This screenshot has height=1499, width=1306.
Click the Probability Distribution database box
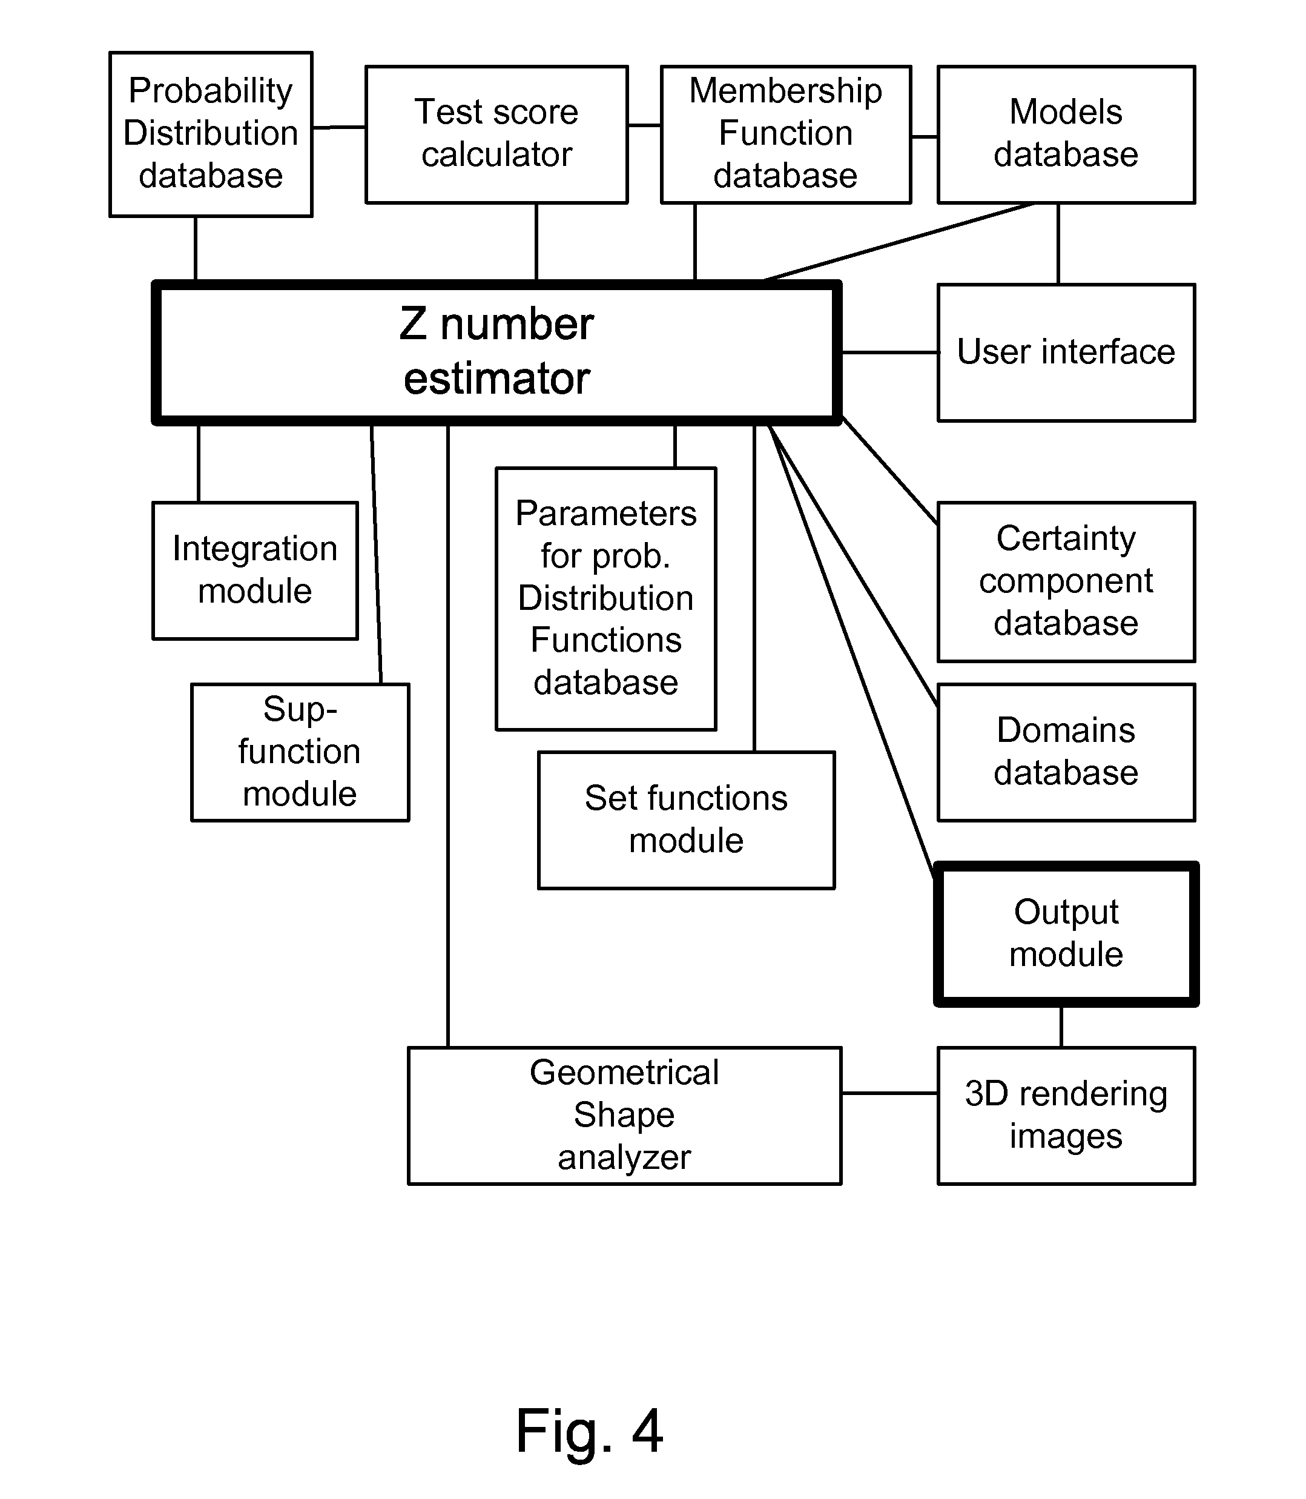(211, 134)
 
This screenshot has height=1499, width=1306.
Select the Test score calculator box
(496, 134)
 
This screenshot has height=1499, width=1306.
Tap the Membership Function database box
(786, 134)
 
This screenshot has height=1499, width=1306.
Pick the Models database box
(1066, 134)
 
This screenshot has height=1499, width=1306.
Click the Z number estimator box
(496, 352)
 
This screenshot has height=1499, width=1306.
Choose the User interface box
(1066, 352)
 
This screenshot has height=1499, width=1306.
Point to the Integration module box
(255, 570)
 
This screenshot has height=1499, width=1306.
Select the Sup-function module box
(300, 752)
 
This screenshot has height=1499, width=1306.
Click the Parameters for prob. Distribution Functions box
(605, 598)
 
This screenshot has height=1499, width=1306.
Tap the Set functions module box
(686, 819)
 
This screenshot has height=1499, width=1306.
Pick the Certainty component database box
(1066, 581)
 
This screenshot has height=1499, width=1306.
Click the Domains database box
(1066, 752)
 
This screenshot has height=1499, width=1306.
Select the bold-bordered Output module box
(1066, 933)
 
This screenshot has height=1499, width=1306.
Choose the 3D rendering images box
(1066, 1116)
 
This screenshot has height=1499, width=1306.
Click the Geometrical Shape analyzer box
(625, 1116)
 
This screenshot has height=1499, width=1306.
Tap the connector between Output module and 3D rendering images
(1061, 1027)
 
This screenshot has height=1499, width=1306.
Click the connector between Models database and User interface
(1058, 243)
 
